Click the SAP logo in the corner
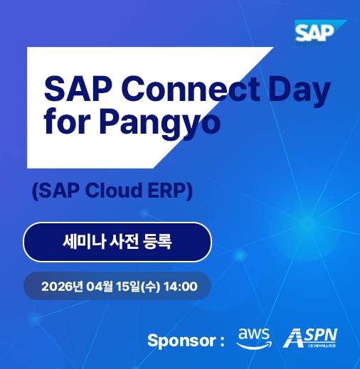(317, 33)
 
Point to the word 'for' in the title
(66, 122)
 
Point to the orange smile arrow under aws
(254, 345)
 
